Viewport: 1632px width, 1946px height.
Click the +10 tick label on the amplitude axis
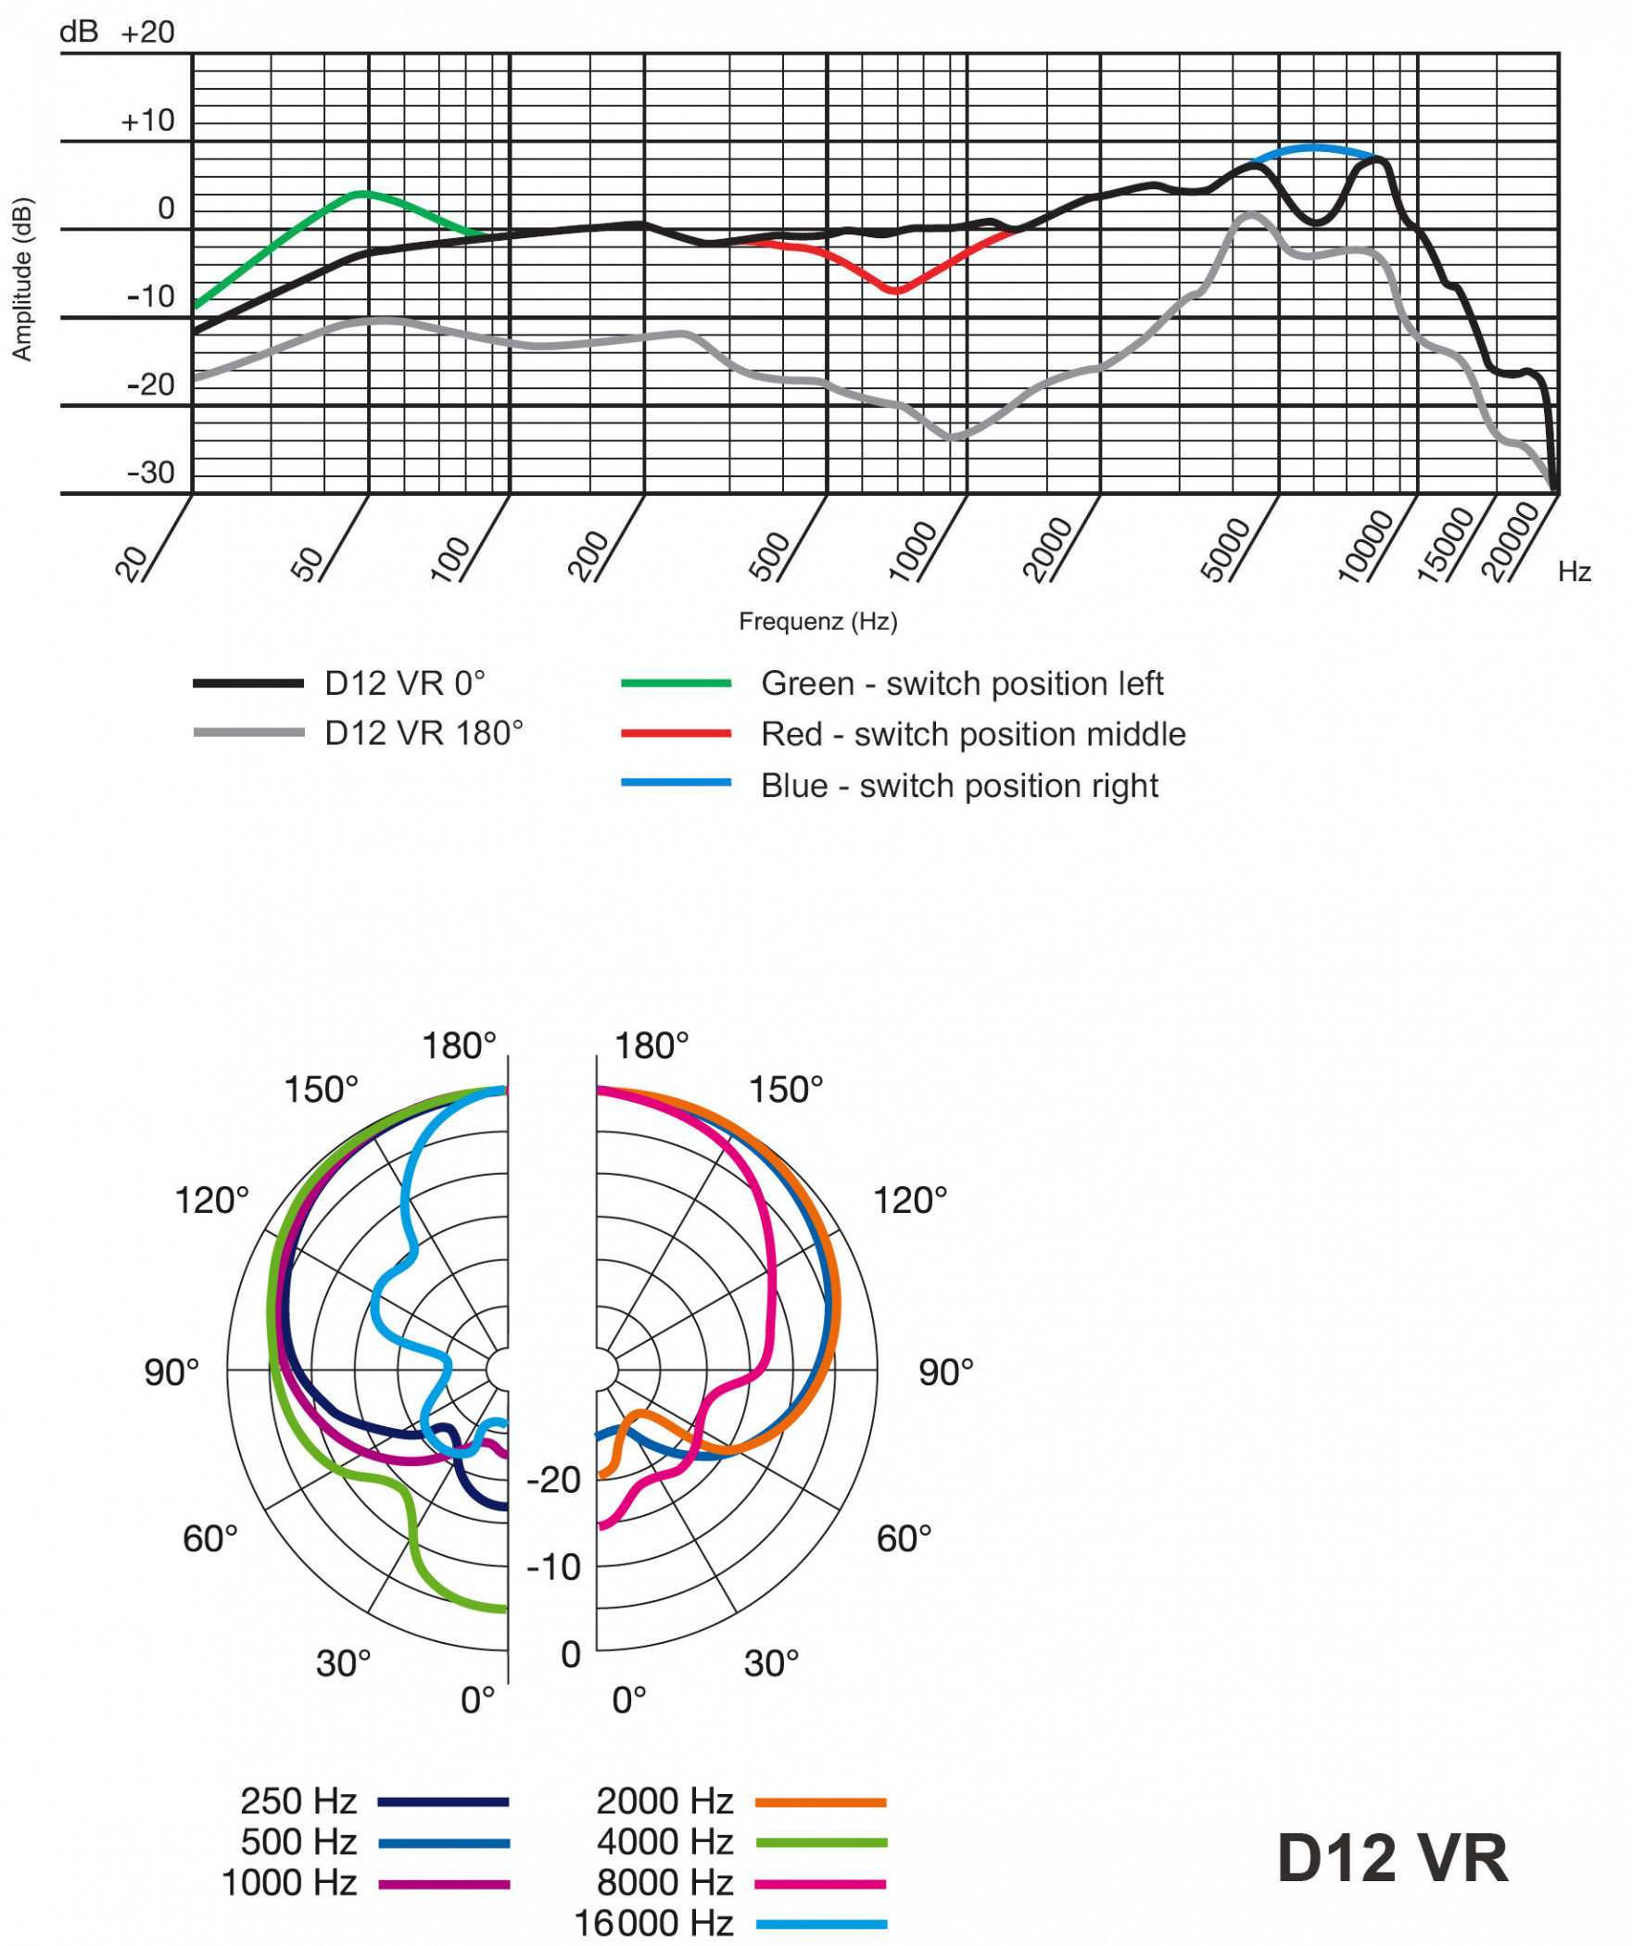[x=147, y=120]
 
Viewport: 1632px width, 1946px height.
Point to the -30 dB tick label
[x=151, y=473]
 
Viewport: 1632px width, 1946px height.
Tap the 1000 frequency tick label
[x=913, y=551]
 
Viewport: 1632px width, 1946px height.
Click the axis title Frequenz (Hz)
[x=817, y=621]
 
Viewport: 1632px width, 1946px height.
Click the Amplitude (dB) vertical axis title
[x=21, y=279]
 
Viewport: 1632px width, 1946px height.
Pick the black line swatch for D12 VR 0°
[x=248, y=683]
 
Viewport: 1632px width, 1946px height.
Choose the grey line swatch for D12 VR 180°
[x=248, y=732]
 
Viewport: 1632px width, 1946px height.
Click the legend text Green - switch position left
[x=961, y=683]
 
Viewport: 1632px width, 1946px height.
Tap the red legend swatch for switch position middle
[x=676, y=733]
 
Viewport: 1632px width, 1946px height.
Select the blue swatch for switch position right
[x=676, y=783]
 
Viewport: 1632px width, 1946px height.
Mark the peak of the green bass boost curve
[x=362, y=194]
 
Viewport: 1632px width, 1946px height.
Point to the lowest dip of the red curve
[x=895, y=290]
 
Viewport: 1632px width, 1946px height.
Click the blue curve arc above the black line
[x=1314, y=148]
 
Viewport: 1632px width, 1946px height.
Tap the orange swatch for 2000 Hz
[x=820, y=1802]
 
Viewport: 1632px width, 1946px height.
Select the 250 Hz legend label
[x=298, y=1801]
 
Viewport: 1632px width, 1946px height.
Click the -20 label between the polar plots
[x=553, y=1480]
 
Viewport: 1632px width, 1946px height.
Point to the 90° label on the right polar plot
[x=945, y=1372]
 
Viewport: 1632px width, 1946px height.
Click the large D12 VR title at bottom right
[x=1392, y=1858]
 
